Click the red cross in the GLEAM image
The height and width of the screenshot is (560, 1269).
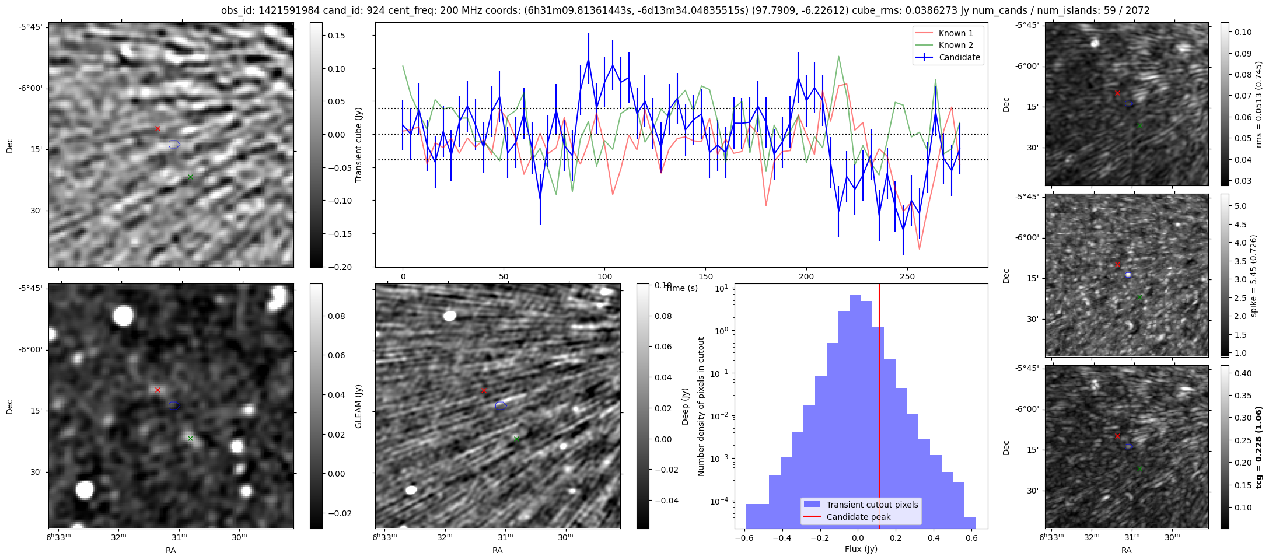[158, 390]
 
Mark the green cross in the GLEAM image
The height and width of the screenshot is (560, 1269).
[190, 438]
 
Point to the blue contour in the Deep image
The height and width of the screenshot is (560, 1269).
[501, 405]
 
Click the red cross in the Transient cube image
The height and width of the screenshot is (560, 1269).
[158, 128]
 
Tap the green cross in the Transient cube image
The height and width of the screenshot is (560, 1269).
[190, 177]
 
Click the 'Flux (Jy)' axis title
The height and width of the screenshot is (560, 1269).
[861, 549]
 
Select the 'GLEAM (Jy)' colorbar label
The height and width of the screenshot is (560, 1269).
[359, 406]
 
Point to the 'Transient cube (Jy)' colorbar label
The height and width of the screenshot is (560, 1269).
[359, 145]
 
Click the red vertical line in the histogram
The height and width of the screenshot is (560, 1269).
[879, 408]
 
